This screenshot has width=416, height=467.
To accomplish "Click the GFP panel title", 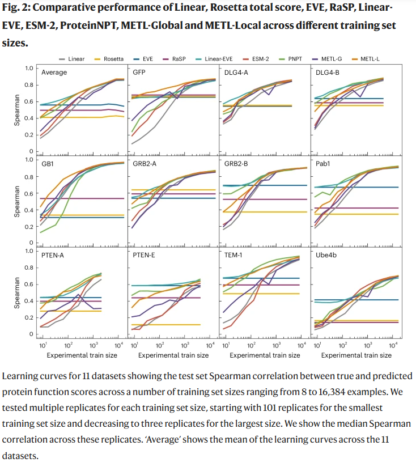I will (x=139, y=73).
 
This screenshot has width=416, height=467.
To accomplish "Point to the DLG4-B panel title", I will (x=328, y=73).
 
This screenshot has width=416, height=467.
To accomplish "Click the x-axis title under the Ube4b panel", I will (x=355, y=355).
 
